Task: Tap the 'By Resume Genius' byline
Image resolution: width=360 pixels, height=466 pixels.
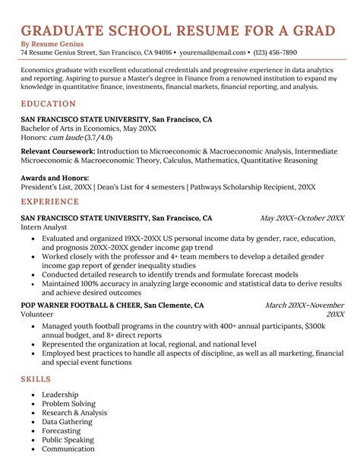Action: [x=51, y=44]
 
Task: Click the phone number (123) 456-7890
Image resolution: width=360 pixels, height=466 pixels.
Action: [x=275, y=53]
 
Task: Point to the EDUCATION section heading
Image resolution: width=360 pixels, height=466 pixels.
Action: [x=48, y=103]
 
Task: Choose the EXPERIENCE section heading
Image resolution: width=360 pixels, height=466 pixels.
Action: [x=50, y=201]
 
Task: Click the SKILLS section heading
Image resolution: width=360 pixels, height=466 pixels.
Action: [x=36, y=379]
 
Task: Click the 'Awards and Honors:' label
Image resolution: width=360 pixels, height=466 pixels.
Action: [x=53, y=177]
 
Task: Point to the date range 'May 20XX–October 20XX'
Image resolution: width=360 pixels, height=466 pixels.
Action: [x=302, y=218]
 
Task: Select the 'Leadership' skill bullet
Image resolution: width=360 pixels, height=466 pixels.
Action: [x=60, y=395]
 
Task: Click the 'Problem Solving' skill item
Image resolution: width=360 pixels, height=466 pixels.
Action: [x=68, y=404]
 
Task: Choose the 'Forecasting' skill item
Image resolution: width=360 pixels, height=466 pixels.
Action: [x=62, y=430]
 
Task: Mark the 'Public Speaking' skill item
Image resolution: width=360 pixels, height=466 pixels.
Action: [x=68, y=439]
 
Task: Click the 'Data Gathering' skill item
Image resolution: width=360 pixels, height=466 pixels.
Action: [x=67, y=421]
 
